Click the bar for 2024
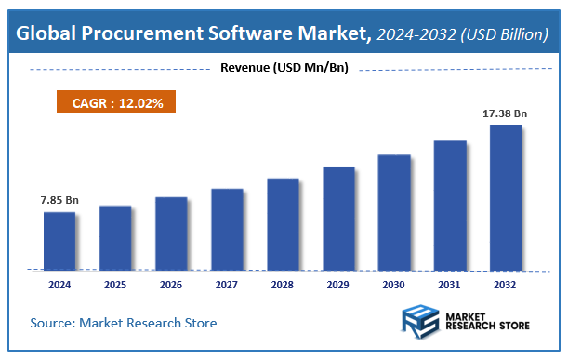(59, 241)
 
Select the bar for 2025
(115, 237)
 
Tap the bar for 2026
(171, 233)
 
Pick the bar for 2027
(227, 229)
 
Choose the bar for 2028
(283, 224)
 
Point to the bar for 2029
(338, 219)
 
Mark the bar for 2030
(394, 212)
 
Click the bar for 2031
(450, 206)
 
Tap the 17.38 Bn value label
(505, 113)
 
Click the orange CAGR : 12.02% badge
(118, 103)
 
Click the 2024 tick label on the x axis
(59, 284)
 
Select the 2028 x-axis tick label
(282, 284)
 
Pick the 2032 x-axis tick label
(505, 284)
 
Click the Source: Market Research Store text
(124, 323)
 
